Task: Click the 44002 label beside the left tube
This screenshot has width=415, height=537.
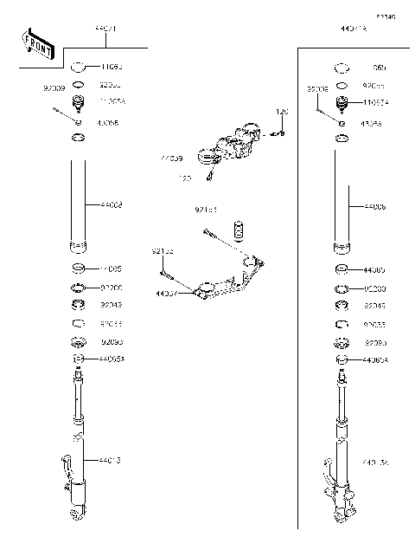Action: pyautogui.click(x=112, y=205)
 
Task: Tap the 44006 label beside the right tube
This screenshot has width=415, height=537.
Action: pyautogui.click(x=375, y=208)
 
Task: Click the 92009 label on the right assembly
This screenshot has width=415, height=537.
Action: pyautogui.click(x=317, y=88)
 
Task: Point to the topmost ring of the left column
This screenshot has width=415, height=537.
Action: pyautogui.click(x=77, y=67)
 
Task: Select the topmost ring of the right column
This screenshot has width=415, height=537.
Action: pyautogui.click(x=342, y=67)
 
